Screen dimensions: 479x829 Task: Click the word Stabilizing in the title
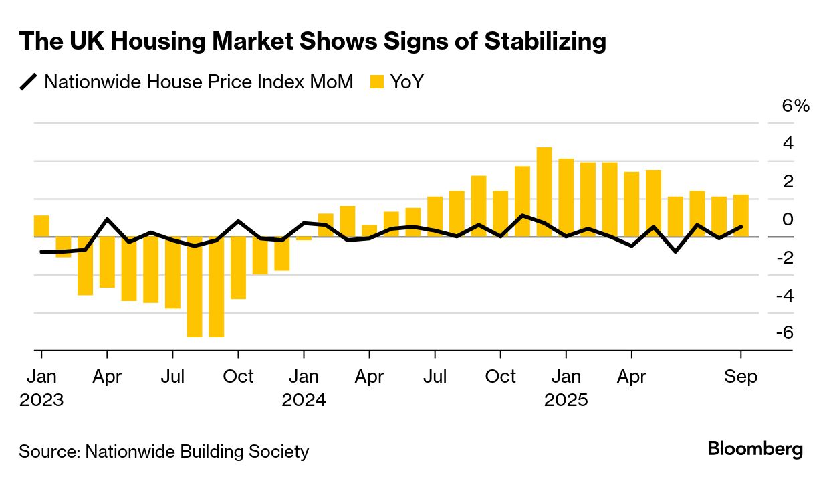pyautogui.click(x=545, y=41)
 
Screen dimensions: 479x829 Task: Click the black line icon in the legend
pyautogui.click(x=29, y=82)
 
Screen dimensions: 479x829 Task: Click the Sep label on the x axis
pyautogui.click(x=741, y=377)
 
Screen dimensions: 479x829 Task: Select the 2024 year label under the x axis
pyautogui.click(x=304, y=400)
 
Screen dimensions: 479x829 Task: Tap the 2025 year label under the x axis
pyautogui.click(x=566, y=400)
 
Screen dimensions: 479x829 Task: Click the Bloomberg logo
pyautogui.click(x=755, y=449)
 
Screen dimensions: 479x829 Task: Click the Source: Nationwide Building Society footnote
pyautogui.click(x=164, y=452)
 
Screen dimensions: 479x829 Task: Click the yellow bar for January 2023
pyautogui.click(x=41, y=226)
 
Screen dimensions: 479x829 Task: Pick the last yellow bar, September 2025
pyautogui.click(x=741, y=215)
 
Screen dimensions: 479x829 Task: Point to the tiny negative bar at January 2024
pyautogui.click(x=304, y=238)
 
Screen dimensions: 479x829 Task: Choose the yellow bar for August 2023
pyautogui.click(x=195, y=286)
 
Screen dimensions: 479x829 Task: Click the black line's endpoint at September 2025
pyautogui.click(x=741, y=227)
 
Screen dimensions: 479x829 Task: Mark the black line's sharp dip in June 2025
pyautogui.click(x=675, y=252)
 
